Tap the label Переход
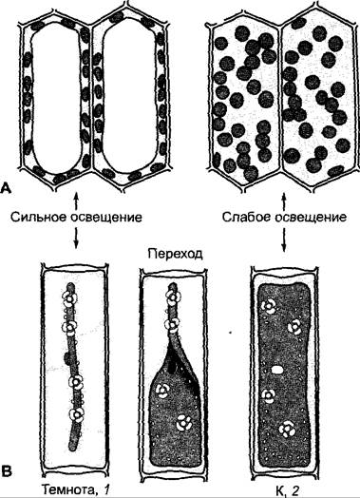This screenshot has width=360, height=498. click(175, 254)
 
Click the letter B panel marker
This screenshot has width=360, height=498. click(7, 471)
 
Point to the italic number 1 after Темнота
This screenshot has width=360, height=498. click(106, 489)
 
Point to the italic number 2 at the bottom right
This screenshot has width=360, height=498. click(295, 490)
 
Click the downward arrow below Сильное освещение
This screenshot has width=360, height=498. click(76, 238)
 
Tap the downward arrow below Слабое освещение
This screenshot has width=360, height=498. click(284, 239)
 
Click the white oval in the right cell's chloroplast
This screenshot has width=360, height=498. click(277, 370)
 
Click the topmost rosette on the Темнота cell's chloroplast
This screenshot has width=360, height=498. click(70, 297)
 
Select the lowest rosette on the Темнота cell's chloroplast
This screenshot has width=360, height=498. click(77, 413)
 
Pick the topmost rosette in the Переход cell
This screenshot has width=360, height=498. click(173, 297)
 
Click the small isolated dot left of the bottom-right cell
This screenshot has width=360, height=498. click(230, 333)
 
